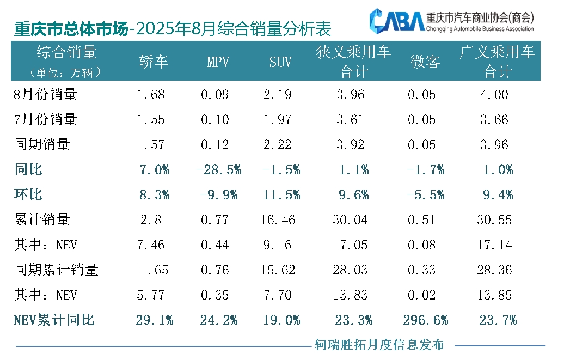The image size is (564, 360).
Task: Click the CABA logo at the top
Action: [x=397, y=20]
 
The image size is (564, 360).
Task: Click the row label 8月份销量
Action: [x=46, y=95]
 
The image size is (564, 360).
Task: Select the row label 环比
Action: [x=29, y=195]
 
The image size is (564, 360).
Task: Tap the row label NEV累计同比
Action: [x=54, y=320]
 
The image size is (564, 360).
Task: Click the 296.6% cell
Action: [x=425, y=320]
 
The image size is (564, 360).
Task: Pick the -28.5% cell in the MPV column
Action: [x=218, y=170]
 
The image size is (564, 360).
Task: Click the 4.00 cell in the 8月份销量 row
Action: [x=494, y=95]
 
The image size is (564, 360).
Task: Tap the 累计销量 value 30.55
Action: [x=494, y=220]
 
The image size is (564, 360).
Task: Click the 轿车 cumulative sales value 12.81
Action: [x=151, y=220]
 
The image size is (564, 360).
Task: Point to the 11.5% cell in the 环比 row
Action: [x=281, y=195]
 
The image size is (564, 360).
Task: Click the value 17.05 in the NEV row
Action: [x=350, y=245]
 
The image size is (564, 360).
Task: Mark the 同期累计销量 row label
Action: [x=56, y=270]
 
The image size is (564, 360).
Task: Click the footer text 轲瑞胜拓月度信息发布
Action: [x=379, y=345]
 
